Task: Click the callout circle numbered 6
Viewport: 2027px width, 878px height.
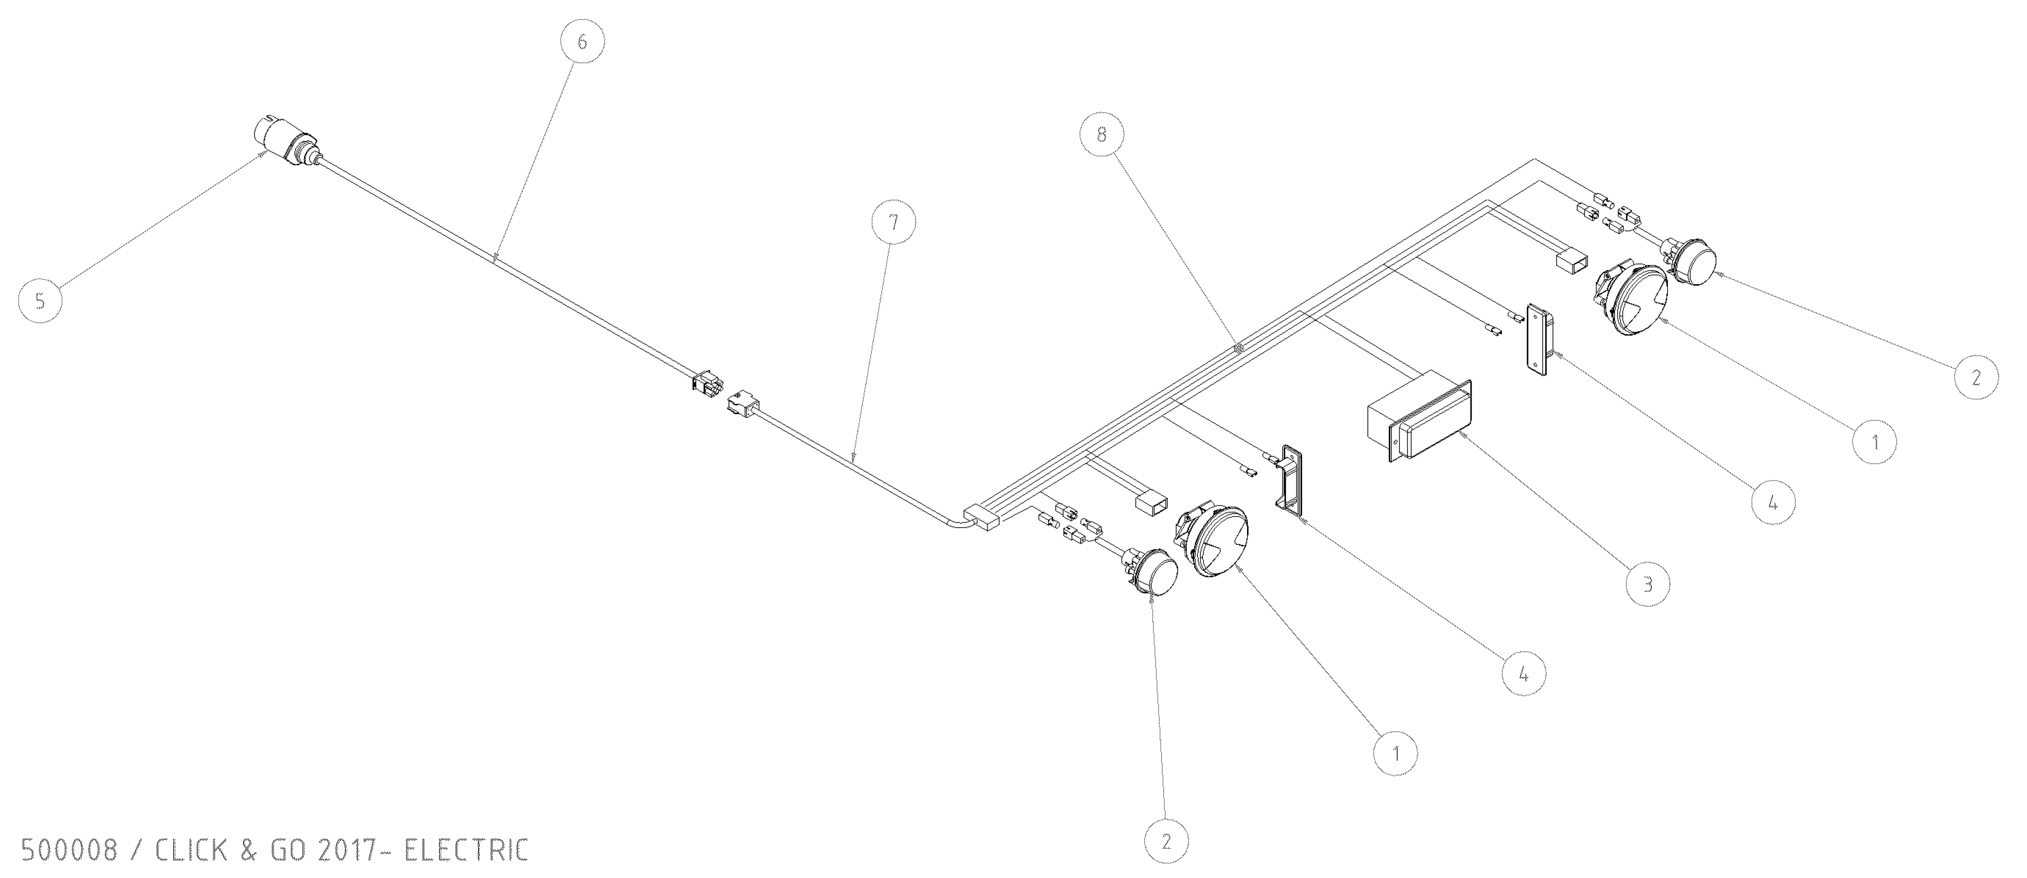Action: tap(582, 41)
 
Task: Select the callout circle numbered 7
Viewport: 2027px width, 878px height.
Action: tap(893, 223)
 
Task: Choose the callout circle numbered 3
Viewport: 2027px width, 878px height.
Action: tap(1647, 584)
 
